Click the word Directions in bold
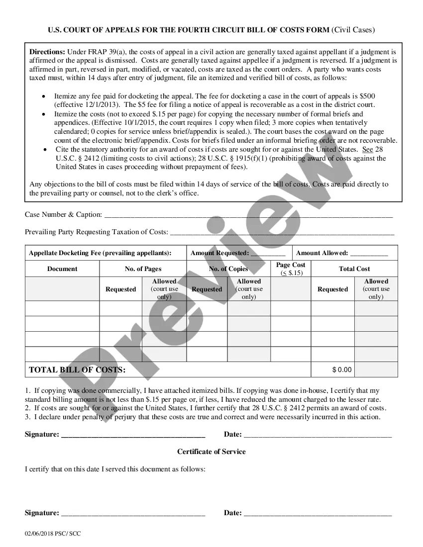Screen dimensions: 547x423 pos(47,52)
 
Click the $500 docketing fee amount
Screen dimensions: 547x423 pos(368,96)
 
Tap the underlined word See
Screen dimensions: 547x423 pos(367,149)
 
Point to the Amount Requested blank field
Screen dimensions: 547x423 pos(268,254)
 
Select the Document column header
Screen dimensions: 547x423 pos(62,269)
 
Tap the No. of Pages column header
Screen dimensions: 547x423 pos(143,269)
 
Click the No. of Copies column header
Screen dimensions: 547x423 pos(228,269)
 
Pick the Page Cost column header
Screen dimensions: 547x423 pos(291,266)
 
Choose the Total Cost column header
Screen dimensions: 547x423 pos(354,269)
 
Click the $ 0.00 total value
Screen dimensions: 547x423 pos(342,370)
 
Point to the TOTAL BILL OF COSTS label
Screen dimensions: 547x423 pos(77,370)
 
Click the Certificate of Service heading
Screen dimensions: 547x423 pos(211,452)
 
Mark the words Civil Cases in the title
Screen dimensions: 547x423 pos(353,30)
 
